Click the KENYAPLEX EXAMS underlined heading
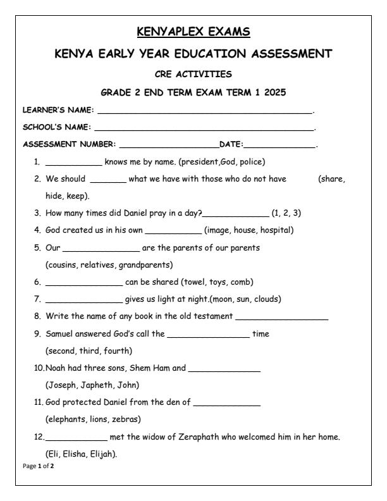point(193,30)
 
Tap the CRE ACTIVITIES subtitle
point(193,74)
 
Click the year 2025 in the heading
point(274,93)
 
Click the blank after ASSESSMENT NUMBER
point(168,146)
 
